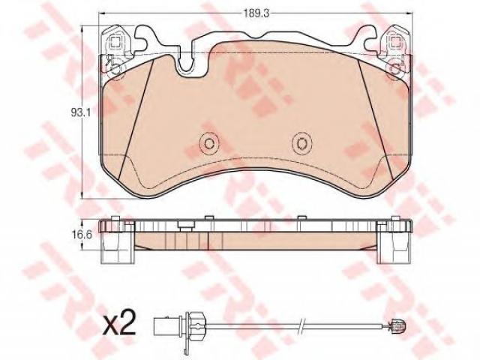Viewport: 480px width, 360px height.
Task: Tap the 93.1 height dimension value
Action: point(80,113)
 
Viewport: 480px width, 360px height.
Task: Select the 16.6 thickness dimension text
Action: point(82,235)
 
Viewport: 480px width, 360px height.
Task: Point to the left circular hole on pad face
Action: point(209,143)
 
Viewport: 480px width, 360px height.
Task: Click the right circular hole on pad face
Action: point(301,143)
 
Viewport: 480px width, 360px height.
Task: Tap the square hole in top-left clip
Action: point(115,41)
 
